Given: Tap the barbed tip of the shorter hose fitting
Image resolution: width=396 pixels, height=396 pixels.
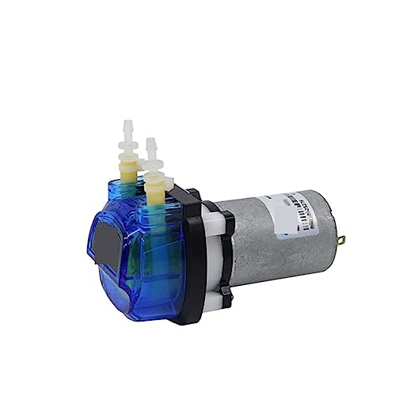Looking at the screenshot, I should coord(151,146).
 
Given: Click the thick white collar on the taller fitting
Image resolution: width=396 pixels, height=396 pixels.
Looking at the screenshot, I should coord(127,146).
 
